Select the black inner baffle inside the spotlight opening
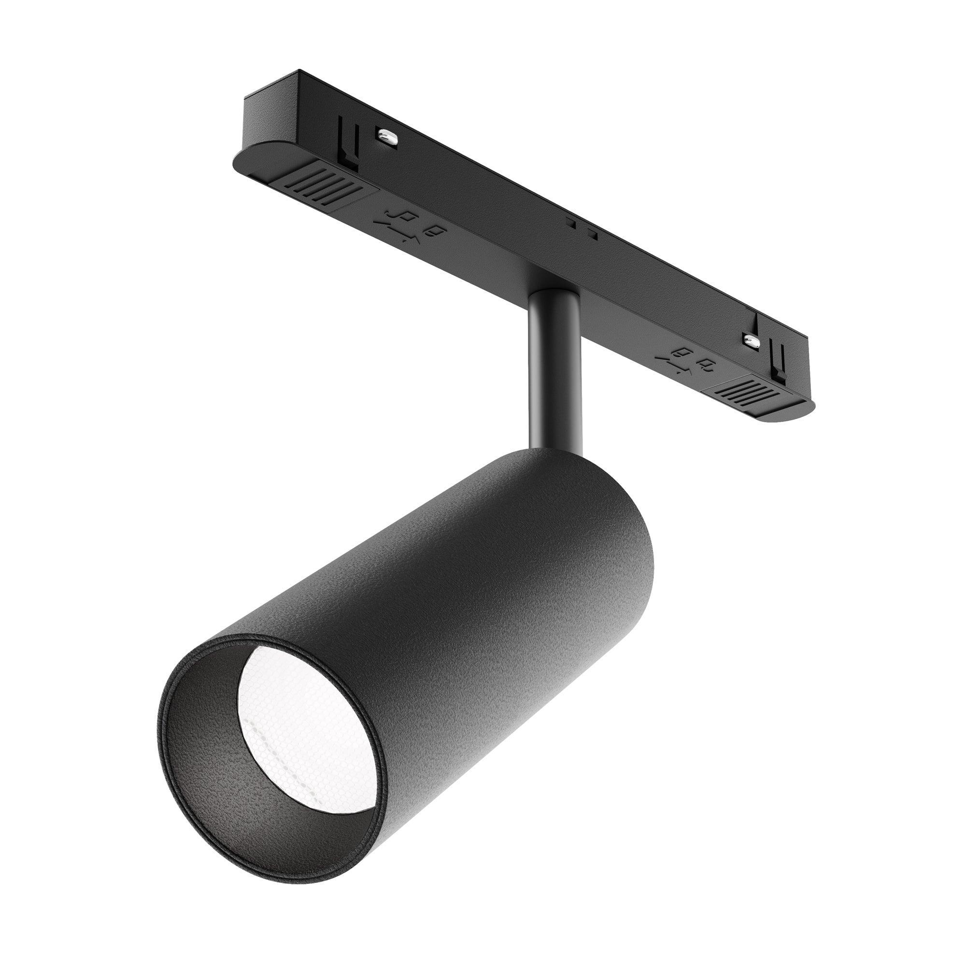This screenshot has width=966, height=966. (220, 750)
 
